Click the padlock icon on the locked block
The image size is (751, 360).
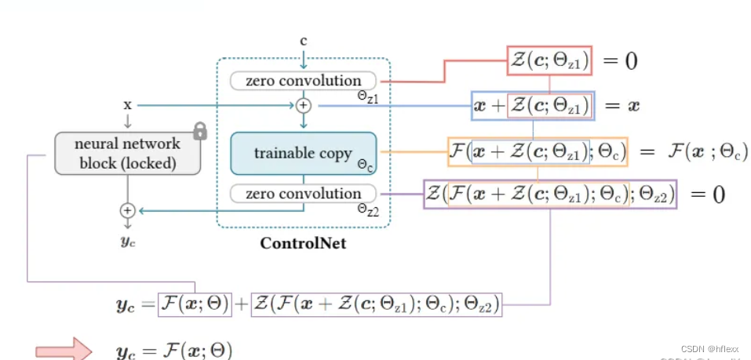pyautogui.click(x=200, y=131)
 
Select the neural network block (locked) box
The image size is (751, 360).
pyautogui.click(x=127, y=153)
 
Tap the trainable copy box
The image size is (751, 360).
pyautogui.click(x=303, y=153)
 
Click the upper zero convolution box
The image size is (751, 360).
pyautogui.click(x=303, y=81)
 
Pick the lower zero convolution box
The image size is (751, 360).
pyautogui.click(x=303, y=194)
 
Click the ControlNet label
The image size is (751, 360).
pyautogui.click(x=303, y=244)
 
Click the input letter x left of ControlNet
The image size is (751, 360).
pyautogui.click(x=127, y=104)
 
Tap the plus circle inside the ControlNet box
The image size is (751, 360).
pyautogui.click(x=304, y=104)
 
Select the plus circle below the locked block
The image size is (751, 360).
pyautogui.click(x=127, y=210)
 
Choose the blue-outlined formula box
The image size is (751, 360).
pyautogui.click(x=533, y=104)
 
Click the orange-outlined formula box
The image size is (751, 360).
pyautogui.click(x=538, y=150)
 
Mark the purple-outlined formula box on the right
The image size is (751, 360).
pyautogui.click(x=551, y=194)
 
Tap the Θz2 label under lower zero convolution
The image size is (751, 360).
pyautogui.click(x=369, y=209)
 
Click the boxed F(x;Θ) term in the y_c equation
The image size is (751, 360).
pyautogui.click(x=195, y=304)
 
